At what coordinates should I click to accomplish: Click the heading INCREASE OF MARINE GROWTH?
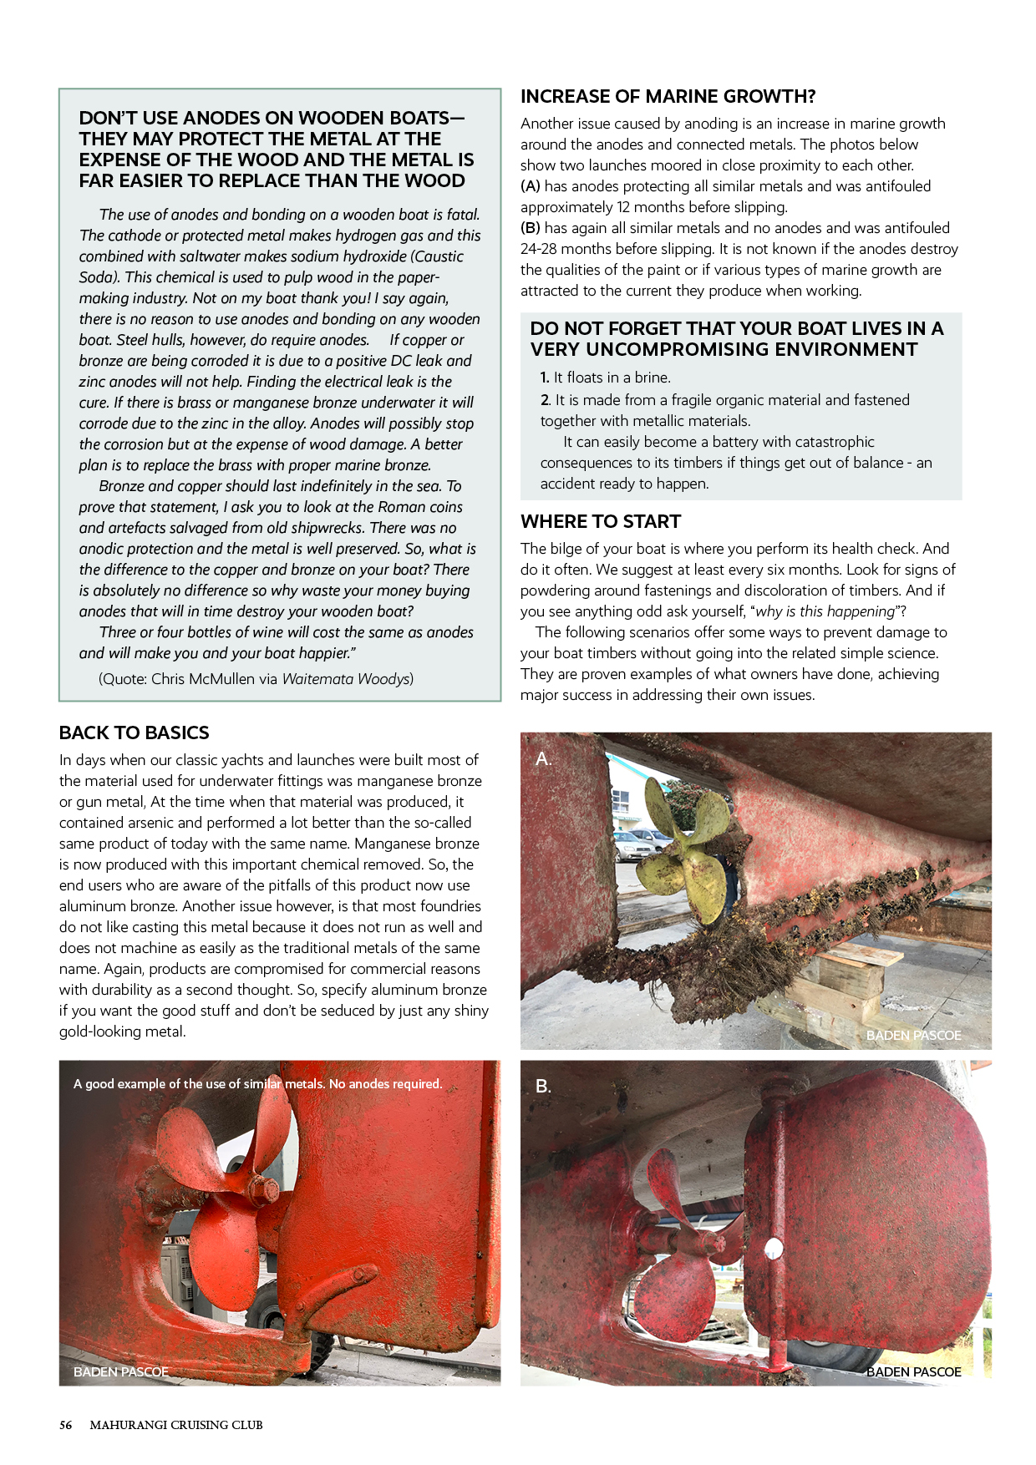[668, 97]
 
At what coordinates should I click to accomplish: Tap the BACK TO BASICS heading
[134, 732]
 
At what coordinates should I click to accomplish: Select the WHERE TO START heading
[601, 521]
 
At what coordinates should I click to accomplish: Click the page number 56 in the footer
[65, 1425]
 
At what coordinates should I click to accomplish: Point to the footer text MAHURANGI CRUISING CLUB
[176, 1425]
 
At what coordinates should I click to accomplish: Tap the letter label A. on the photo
[543, 758]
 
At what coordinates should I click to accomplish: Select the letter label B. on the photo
[543, 1086]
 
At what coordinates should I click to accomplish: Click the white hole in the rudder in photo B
[774, 1248]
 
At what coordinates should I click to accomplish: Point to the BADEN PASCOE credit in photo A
[913, 1035]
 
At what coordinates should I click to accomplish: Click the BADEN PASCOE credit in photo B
[913, 1371]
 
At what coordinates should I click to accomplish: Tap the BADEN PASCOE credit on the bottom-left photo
[121, 1371]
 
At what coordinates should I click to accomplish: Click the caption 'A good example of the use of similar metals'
[257, 1083]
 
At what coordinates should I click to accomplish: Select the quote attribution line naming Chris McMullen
[256, 679]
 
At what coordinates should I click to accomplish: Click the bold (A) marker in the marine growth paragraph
[531, 186]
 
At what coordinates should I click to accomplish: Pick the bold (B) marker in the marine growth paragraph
[531, 228]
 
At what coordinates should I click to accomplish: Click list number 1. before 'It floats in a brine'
[545, 378]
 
